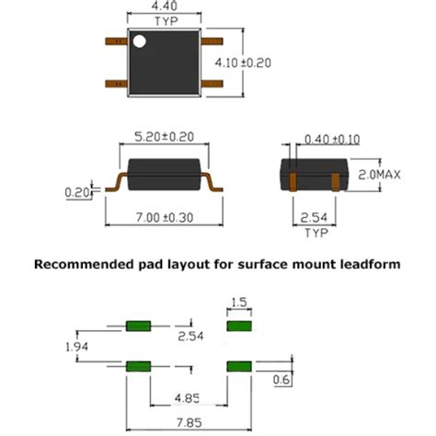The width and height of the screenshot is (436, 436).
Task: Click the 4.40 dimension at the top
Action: (166, 6)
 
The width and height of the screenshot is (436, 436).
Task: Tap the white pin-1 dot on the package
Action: (139, 41)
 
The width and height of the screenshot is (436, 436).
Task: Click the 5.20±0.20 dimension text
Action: (165, 133)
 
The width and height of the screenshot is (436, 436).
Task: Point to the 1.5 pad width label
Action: (239, 302)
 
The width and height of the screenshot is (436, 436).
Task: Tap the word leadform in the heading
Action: (369, 264)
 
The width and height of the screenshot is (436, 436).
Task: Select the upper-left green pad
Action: (137, 326)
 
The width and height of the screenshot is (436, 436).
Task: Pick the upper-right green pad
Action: (238, 326)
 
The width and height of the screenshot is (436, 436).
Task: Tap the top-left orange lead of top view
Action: (114, 40)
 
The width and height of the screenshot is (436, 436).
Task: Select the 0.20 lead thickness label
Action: (77, 192)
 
